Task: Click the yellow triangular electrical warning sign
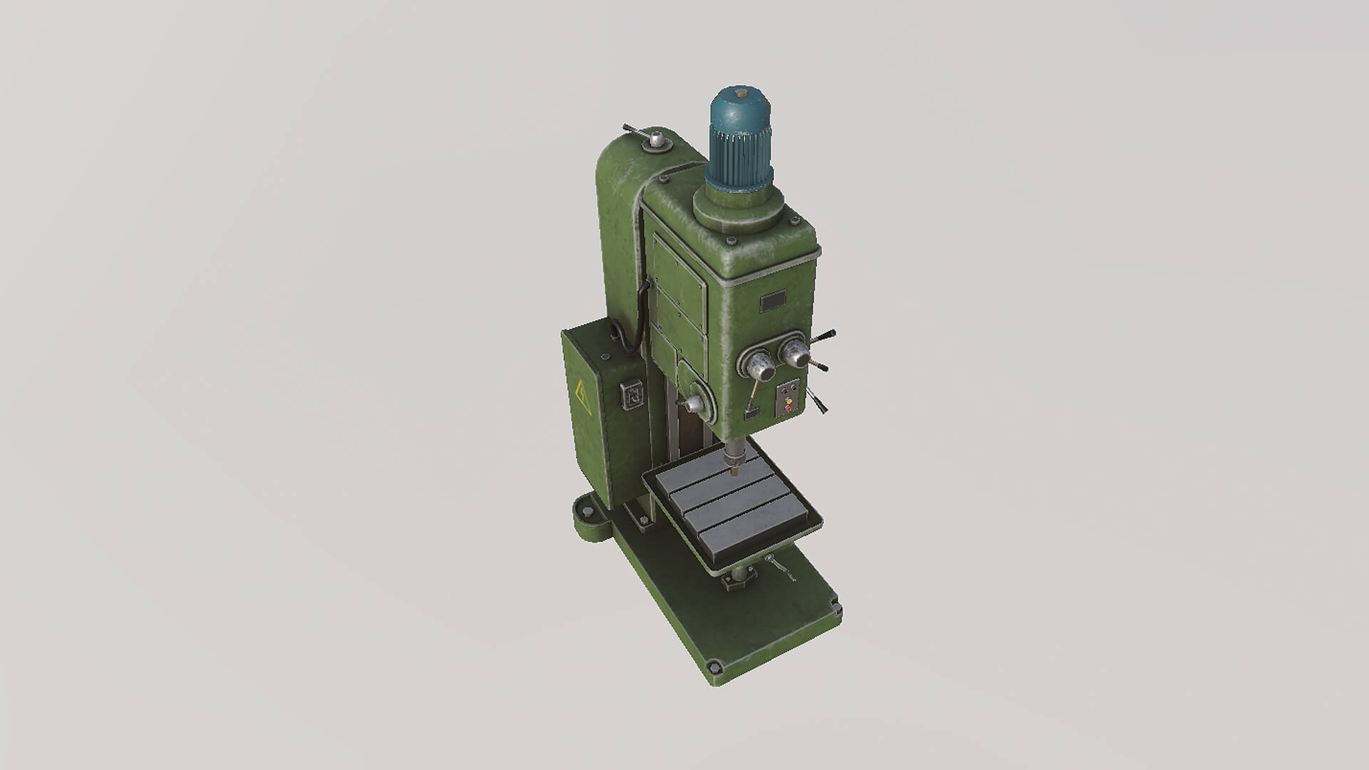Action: pos(581,393)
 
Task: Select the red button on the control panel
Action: pos(789,409)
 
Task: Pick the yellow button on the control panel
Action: pos(789,401)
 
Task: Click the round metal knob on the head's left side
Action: pos(695,405)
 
